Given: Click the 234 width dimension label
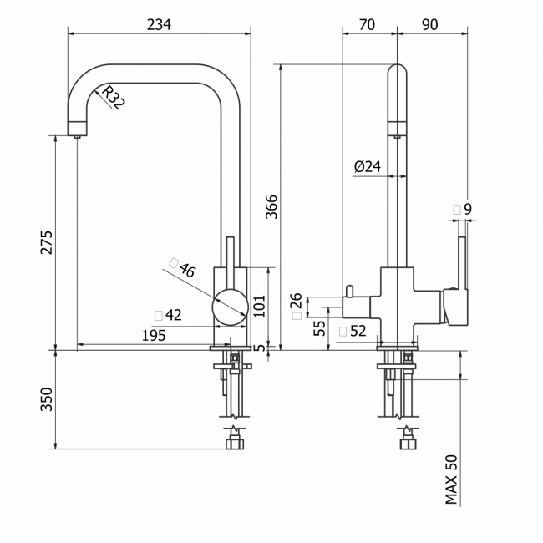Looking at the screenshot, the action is coord(159,24).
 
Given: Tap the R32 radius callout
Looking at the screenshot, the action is coord(114,98).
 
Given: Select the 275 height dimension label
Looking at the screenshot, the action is coord(47,242).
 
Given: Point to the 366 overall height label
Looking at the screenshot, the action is coord(271,206).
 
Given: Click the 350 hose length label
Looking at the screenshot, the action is coord(47,399).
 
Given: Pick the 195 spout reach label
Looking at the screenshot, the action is coord(154,335).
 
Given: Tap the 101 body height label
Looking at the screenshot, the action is coord(259,306).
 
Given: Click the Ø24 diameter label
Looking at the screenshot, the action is coord(368,166).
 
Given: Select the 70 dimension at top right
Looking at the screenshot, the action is coord(367,24).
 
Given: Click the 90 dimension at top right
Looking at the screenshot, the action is coord(429,24).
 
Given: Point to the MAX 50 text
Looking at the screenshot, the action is coord(451,480).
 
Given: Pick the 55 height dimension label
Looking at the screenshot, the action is coord(320,327).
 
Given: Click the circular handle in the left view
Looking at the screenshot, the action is coord(231,307).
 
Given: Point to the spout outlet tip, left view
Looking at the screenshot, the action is coord(77,136).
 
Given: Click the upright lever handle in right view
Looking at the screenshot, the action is coord(462,263).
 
